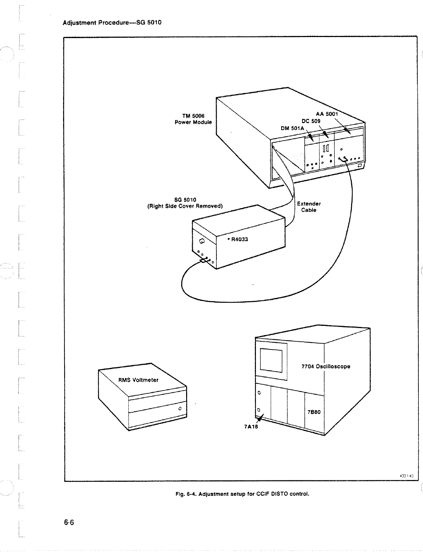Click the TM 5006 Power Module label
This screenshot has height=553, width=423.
193,119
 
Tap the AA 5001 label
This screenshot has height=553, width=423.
327,114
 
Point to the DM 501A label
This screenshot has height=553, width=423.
292,128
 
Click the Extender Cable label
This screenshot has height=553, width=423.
309,207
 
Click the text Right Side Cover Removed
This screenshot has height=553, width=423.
184,206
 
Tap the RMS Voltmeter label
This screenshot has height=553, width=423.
138,380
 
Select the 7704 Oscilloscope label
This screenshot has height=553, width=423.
326,366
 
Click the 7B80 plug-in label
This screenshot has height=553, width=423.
313,412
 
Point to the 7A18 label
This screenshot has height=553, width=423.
251,426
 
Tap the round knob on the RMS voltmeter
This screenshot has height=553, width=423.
180,409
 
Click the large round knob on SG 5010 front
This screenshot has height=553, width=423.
202,241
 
